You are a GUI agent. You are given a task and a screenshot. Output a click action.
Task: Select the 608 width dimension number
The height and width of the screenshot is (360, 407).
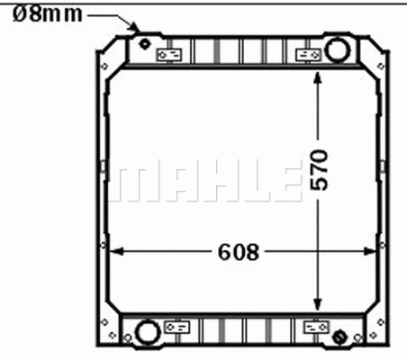238,252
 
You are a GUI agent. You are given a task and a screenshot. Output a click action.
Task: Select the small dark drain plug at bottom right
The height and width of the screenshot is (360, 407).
339,337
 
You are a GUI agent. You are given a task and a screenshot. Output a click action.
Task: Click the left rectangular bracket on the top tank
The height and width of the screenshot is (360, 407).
169,55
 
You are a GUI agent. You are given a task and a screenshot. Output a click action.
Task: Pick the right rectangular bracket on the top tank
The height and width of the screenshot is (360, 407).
309,55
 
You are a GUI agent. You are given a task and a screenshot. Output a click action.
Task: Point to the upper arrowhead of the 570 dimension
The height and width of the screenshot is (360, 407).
317,78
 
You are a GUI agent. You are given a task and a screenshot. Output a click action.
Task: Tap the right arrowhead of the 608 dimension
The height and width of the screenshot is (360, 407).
373,252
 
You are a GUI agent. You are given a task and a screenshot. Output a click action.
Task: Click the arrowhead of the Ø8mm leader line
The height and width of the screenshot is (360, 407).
136,29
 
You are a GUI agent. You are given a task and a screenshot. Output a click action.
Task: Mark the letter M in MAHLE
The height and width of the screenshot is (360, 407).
132,182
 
